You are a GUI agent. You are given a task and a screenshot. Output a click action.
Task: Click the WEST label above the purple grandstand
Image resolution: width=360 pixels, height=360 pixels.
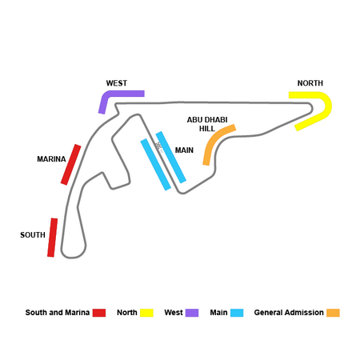[x=117, y=83]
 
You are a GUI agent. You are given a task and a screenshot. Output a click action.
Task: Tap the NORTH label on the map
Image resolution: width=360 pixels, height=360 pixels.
[x=310, y=83]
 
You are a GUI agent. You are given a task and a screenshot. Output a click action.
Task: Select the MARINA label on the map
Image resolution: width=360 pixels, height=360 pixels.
[x=51, y=159]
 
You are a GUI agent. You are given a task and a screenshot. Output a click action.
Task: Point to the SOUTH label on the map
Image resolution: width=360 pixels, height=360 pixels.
[x=33, y=235]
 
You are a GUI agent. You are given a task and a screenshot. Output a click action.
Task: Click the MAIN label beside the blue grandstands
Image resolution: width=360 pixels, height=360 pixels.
[x=184, y=150]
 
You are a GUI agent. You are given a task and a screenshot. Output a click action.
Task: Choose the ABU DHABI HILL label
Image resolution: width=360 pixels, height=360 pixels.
[x=207, y=124]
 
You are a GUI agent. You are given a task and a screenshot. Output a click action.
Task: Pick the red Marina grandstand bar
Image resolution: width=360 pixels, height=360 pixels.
[x=70, y=165]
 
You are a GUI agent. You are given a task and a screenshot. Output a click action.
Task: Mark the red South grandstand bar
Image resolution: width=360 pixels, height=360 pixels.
[x=53, y=238]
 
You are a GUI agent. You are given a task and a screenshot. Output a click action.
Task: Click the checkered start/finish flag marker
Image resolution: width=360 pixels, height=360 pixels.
[x=158, y=146]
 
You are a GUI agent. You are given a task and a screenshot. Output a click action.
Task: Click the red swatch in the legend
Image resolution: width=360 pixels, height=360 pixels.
[x=99, y=313]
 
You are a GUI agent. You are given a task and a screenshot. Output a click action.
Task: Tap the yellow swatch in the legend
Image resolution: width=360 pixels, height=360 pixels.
[x=146, y=313]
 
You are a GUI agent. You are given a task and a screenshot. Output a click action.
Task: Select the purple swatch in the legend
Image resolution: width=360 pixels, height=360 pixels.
[x=192, y=313]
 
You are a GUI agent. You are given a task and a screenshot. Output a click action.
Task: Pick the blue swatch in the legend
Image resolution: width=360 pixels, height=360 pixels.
[x=237, y=313]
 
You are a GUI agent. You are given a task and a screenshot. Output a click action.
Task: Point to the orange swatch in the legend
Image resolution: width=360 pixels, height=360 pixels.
[x=333, y=313]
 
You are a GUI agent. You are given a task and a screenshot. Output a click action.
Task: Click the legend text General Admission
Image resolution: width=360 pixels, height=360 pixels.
[x=289, y=313]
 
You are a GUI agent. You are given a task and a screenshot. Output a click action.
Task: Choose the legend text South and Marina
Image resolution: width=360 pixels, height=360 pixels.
[x=58, y=313]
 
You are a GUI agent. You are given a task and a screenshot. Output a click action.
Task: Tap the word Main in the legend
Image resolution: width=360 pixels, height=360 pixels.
[x=218, y=313]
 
